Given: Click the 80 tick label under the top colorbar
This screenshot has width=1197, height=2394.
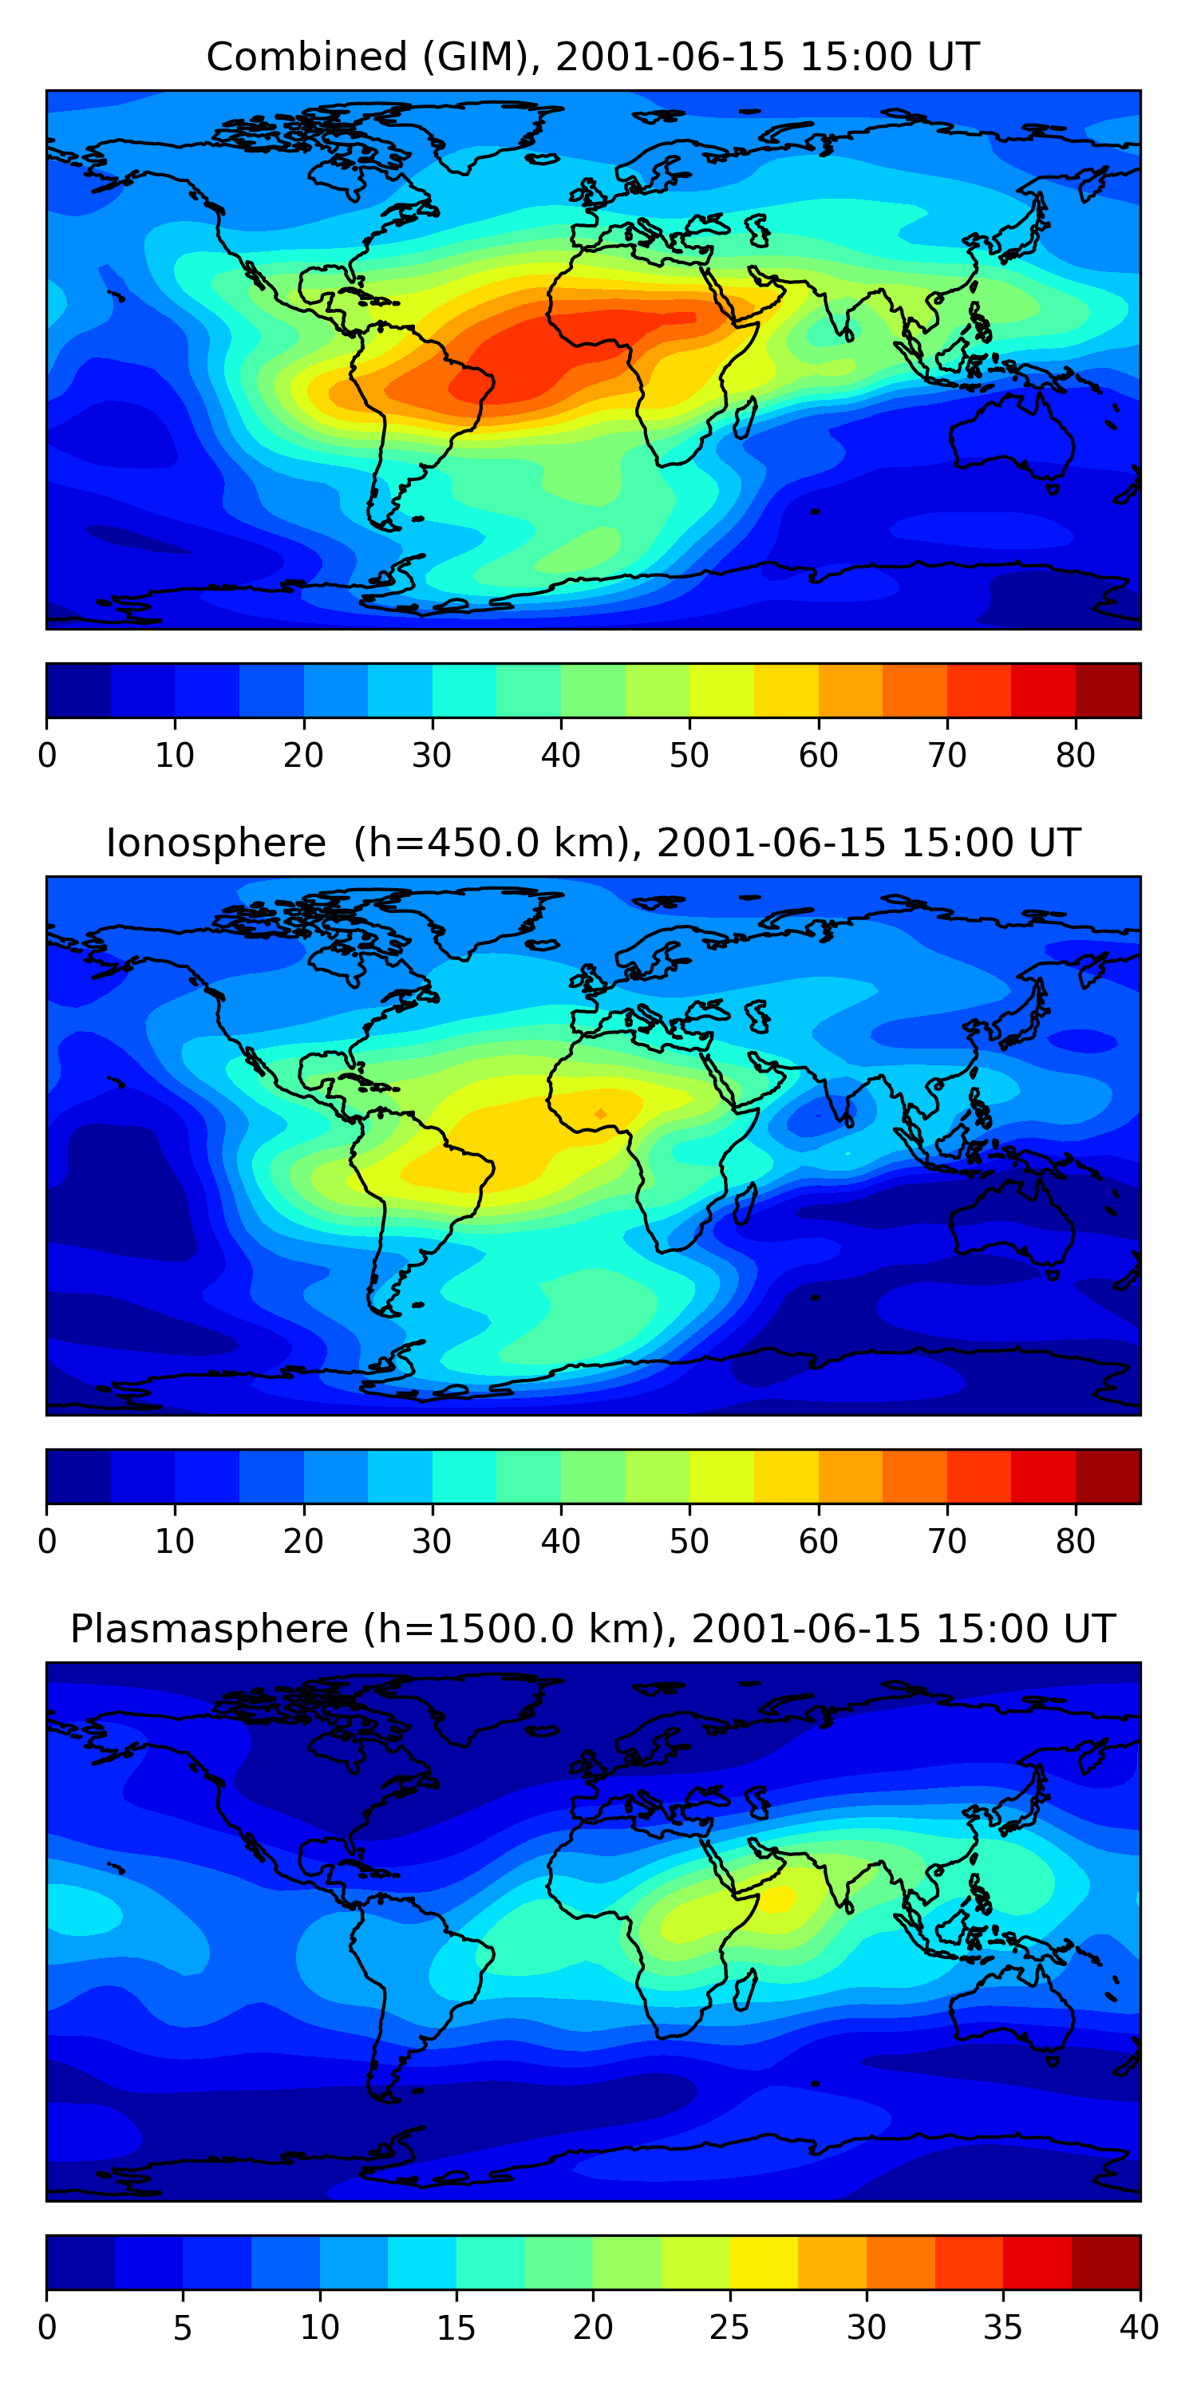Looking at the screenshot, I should click(x=1075, y=756).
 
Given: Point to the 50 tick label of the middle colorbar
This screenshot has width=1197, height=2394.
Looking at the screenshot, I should click(x=689, y=1541).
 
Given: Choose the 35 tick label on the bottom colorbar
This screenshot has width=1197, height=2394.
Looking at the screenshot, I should click(x=1003, y=2327).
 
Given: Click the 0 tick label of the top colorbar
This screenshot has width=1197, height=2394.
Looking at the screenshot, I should click(x=47, y=756).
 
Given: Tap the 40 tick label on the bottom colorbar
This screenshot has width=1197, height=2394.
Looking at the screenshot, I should click(x=1139, y=2327).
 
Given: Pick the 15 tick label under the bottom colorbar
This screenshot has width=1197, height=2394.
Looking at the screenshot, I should click(x=456, y=2327).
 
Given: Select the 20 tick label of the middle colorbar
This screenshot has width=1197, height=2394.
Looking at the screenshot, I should click(x=303, y=1541).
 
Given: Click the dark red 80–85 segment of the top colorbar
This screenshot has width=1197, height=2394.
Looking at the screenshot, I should click(x=1108, y=690).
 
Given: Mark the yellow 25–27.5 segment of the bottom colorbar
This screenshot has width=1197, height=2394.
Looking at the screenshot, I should click(x=763, y=2262).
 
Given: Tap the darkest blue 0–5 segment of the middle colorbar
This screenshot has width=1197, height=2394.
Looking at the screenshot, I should click(x=79, y=1476).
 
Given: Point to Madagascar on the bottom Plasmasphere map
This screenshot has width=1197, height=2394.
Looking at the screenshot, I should click(x=745, y=1989).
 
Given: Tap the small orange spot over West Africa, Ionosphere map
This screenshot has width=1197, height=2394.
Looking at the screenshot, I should click(x=601, y=1113).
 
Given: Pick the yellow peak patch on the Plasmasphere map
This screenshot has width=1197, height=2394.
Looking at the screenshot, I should click(x=779, y=1896).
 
